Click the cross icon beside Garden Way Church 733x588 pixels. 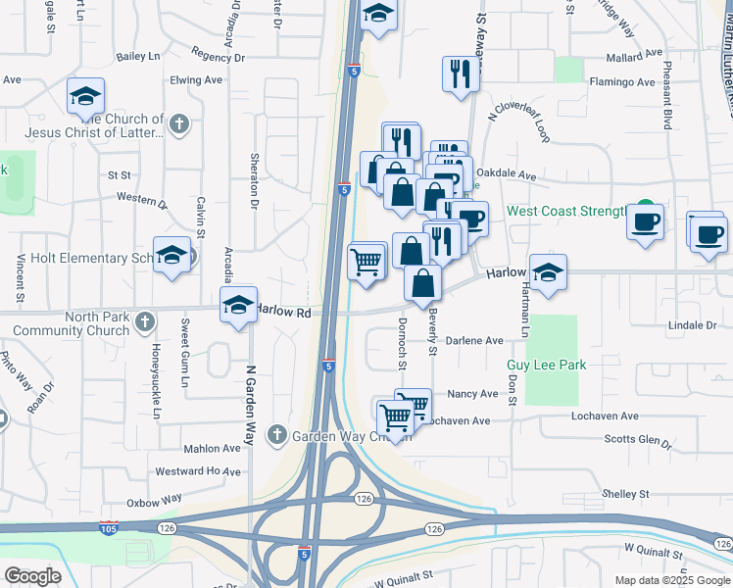click(x=277, y=433)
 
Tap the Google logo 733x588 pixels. click(x=32, y=576)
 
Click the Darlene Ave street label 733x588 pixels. click(x=474, y=341)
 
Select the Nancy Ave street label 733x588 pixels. click(x=472, y=394)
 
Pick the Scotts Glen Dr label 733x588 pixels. click(x=638, y=439)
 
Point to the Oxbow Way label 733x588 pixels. click(x=155, y=499)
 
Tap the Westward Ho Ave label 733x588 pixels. click(x=198, y=471)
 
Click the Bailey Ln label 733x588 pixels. click(x=137, y=58)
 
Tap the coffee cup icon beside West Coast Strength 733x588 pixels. click(x=646, y=222)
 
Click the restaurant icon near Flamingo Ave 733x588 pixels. click(x=460, y=73)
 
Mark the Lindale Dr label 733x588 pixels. click(x=692, y=324)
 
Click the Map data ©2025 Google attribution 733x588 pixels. click(x=671, y=580)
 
